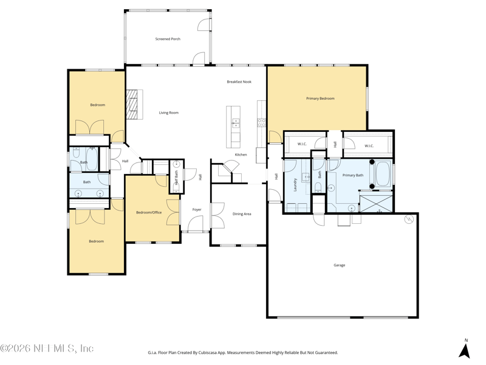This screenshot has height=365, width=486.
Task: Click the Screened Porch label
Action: click(x=168, y=39)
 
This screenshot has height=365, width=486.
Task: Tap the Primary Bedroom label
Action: click(x=320, y=99)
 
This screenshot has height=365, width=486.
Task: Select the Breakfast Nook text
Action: click(x=239, y=82)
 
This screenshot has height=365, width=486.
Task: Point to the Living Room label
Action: click(x=169, y=113)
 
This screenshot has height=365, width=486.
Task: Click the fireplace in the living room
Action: click(x=134, y=104)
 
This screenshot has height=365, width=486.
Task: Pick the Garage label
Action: click(x=340, y=265)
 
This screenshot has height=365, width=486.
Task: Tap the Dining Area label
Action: click(x=242, y=214)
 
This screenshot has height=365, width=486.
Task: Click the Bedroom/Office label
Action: click(x=149, y=212)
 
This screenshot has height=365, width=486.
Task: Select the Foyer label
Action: click(x=197, y=210)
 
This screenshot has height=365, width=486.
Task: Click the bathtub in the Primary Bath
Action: click(x=383, y=174)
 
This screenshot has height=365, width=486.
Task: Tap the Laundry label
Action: click(x=295, y=185)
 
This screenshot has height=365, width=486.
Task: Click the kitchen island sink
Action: click(x=236, y=123)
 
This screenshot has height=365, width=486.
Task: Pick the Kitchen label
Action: click(x=241, y=155)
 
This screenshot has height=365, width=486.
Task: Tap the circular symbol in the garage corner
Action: click(x=409, y=220)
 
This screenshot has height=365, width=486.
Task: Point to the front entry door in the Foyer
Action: click(x=196, y=224)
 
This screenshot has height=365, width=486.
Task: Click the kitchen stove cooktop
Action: click(x=262, y=122)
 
